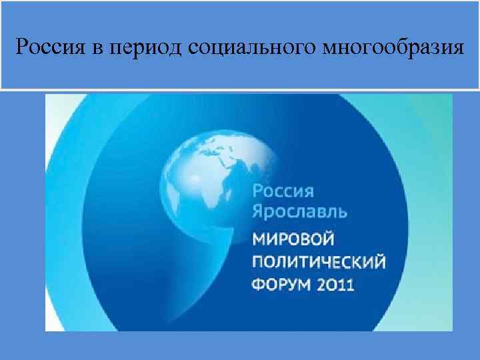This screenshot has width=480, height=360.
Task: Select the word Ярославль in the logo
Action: tap(299, 212)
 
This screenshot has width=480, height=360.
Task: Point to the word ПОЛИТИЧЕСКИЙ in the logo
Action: tap(318, 262)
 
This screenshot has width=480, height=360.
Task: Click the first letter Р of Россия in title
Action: tap(22, 48)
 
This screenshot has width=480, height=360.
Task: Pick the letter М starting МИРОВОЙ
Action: tap(257, 239)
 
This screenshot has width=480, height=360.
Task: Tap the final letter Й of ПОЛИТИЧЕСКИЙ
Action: tap(379, 261)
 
